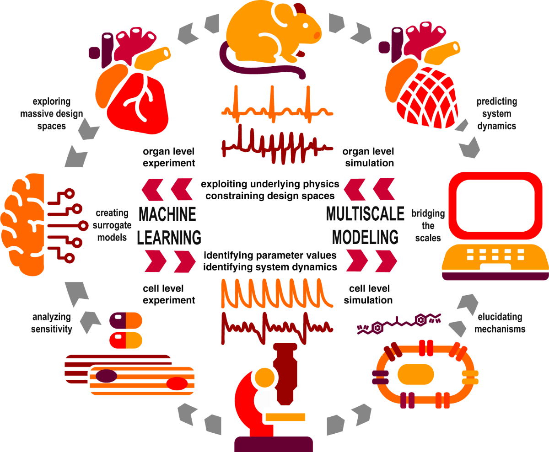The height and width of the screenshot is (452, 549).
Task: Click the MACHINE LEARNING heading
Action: pos(170,225)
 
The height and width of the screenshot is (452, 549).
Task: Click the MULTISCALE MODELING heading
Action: pos(365,225)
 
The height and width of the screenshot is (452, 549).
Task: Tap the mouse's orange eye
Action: pos(316,35)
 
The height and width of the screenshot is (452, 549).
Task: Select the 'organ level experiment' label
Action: pos(169,157)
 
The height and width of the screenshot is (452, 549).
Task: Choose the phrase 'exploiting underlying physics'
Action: pos(270,184)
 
